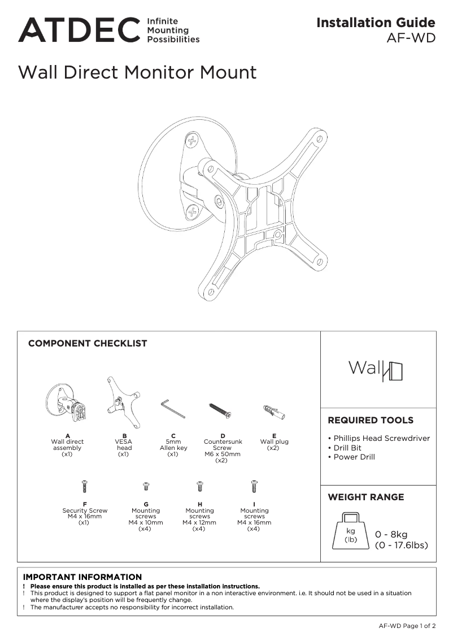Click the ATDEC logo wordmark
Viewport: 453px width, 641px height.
79,30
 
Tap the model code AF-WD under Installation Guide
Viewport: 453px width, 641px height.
411,38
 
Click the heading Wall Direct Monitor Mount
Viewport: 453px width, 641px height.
137,72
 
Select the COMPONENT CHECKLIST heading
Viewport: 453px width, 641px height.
88,343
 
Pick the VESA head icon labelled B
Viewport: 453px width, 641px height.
122,401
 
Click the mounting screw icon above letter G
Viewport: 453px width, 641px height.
146,486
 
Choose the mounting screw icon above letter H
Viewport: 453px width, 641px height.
199,486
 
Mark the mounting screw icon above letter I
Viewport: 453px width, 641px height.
254,486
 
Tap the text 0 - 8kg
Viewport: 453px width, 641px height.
391,535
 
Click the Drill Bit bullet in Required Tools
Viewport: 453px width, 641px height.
347,448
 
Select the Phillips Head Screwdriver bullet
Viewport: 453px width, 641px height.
381,438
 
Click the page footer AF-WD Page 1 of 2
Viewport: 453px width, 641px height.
407,626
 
